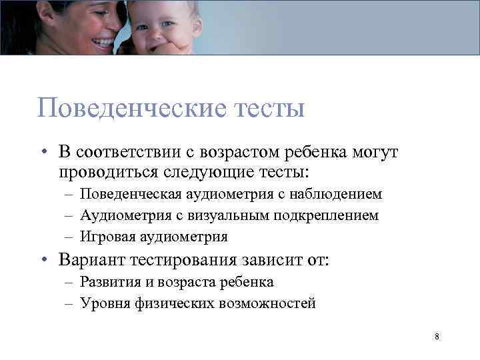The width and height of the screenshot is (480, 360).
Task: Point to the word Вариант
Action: point(89,259)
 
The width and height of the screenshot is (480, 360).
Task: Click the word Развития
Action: point(109,282)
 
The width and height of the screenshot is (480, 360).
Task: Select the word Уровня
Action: point(102,303)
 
